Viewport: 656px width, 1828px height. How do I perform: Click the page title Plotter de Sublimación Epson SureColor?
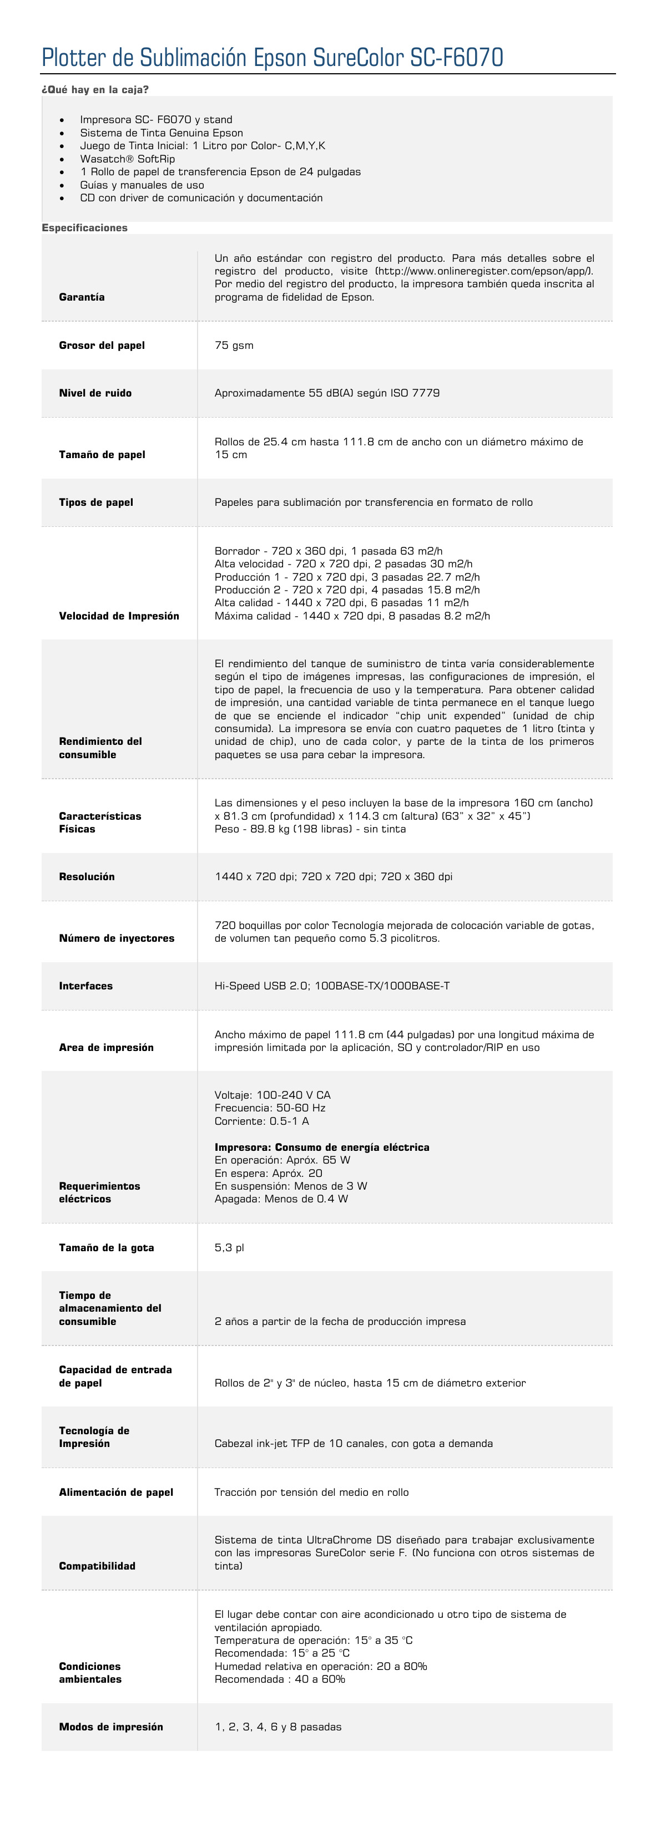point(272,58)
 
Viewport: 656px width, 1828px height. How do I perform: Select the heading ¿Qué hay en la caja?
point(95,89)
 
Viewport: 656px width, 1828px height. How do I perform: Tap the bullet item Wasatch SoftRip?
point(127,159)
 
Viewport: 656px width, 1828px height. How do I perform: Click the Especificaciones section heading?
point(84,228)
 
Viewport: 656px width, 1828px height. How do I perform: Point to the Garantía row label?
point(82,297)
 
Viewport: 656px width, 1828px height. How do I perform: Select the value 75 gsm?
point(234,346)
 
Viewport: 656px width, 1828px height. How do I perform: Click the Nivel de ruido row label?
point(95,393)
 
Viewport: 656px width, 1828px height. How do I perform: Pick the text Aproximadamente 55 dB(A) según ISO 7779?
point(326,393)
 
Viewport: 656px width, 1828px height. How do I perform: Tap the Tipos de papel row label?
point(96,502)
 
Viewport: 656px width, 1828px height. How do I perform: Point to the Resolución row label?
point(87,876)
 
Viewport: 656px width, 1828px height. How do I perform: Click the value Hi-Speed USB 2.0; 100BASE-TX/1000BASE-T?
point(331,986)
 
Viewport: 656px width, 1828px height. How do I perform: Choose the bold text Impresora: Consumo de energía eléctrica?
point(321,1147)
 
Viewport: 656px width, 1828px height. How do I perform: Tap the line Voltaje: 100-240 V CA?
point(272,1095)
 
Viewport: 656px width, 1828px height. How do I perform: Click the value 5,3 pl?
point(229,1247)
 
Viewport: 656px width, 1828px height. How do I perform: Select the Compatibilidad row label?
point(97,1566)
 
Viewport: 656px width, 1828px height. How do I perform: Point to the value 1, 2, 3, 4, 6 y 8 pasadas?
point(277,1727)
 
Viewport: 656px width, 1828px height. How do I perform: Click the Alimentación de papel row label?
point(116,1492)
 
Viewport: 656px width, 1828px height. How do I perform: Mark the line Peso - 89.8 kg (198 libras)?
point(310,829)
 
